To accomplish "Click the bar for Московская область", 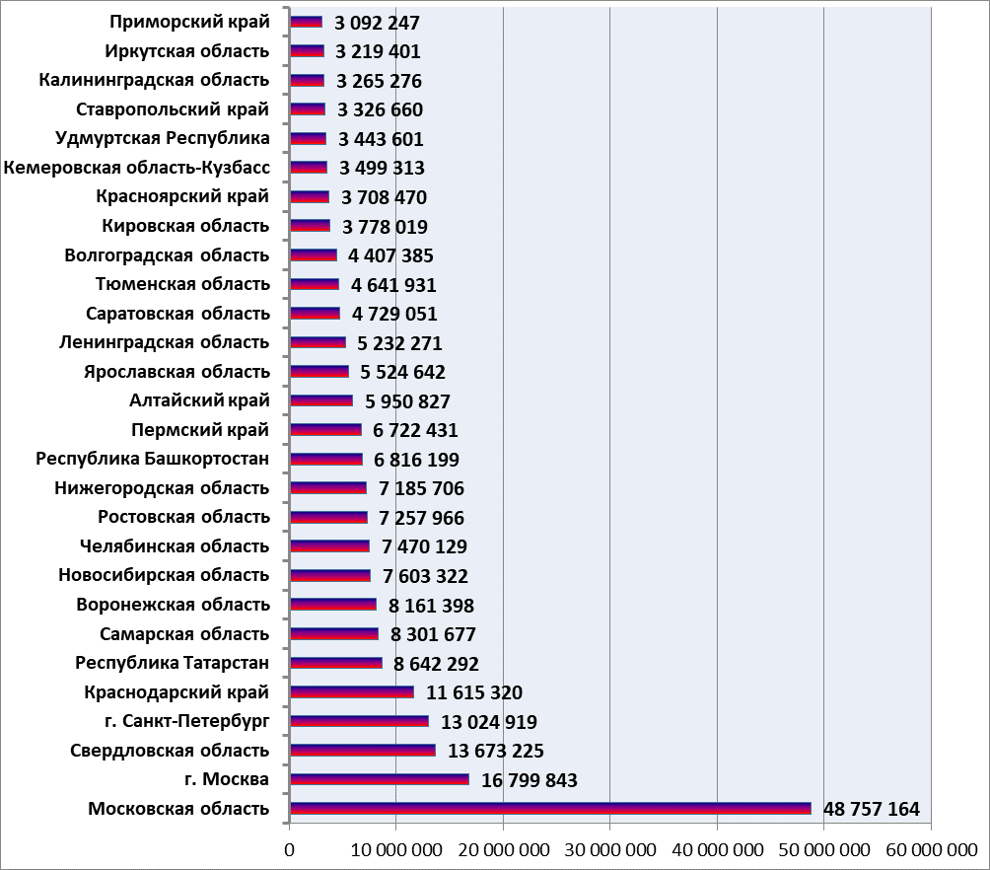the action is (550, 808).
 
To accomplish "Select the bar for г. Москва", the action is (380, 779).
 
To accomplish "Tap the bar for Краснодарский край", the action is (352, 691).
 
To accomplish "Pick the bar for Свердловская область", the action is (363, 750).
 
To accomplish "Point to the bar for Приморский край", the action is (307, 22).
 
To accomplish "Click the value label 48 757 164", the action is (872, 809).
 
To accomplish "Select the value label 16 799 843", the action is (530, 780).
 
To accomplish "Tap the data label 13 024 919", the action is (489, 721).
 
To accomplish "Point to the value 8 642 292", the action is (436, 664).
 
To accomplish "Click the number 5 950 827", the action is (408, 401).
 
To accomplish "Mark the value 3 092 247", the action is (377, 23).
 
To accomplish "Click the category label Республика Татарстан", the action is (173, 663).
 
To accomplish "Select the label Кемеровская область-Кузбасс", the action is (136, 168).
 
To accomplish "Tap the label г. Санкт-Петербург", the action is (187, 721).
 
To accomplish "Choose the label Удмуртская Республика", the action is (163, 138).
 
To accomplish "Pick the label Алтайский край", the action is (199, 400).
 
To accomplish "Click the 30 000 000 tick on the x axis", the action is (610, 850).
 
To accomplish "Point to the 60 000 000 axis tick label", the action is (931, 850).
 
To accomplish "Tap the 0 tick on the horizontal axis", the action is (290, 850).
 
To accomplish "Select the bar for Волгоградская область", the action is (314, 255).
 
